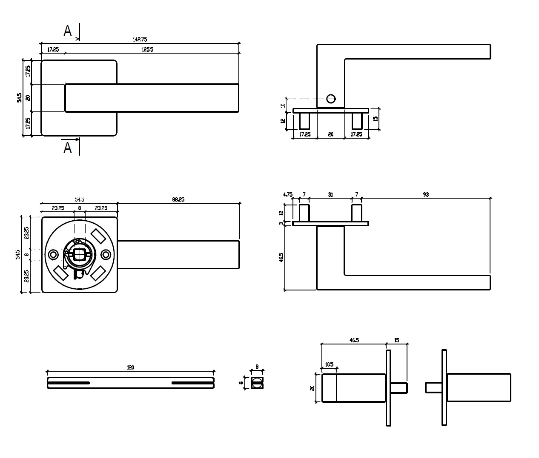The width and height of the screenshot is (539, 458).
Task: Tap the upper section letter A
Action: point(67,31)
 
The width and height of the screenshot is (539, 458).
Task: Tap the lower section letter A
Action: point(67,148)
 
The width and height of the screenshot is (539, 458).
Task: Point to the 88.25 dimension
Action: point(178,199)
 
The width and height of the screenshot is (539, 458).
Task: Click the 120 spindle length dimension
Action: point(130,367)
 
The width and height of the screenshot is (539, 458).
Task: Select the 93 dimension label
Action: point(426,195)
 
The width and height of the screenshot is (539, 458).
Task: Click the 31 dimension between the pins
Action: point(330,195)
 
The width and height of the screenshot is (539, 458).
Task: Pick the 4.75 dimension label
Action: point(288,195)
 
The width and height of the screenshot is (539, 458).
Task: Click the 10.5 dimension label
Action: point(329,364)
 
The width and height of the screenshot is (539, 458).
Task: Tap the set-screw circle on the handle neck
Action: point(331,99)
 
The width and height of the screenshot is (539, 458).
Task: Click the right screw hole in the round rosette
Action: point(106,255)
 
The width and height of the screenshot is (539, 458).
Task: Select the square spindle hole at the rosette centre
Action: point(79,255)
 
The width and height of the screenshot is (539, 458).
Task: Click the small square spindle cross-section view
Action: point(257,383)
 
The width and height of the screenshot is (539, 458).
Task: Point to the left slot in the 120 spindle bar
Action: point(69,383)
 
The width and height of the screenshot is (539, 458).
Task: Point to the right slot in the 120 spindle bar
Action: point(192,383)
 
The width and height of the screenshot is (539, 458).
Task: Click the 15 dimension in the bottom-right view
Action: point(397,340)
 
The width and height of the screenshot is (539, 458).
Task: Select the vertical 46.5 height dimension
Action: point(281,258)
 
